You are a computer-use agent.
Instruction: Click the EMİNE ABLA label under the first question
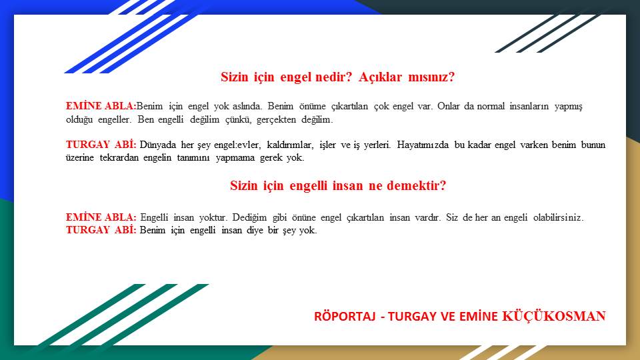click(x=101, y=106)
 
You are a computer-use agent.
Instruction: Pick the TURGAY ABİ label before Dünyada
click(x=101, y=145)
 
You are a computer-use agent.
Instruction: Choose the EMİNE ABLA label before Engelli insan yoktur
click(x=101, y=217)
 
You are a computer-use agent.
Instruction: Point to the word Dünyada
click(x=158, y=145)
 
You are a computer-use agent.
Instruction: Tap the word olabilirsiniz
click(x=559, y=217)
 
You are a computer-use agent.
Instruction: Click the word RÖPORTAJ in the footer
click(x=345, y=316)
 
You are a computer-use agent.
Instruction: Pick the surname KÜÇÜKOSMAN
click(x=554, y=316)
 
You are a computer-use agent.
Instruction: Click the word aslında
click(x=247, y=106)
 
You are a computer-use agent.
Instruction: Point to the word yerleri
click(x=377, y=145)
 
